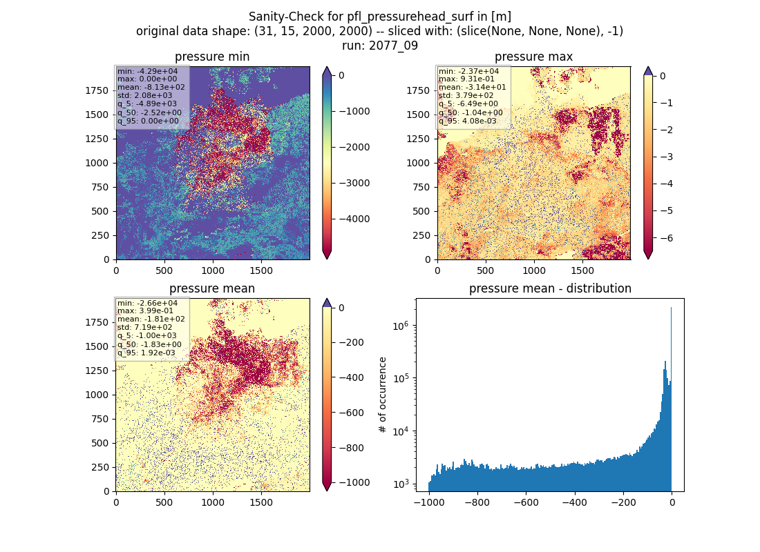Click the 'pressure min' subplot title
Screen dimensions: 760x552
(x=212, y=57)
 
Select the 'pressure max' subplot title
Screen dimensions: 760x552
(x=533, y=57)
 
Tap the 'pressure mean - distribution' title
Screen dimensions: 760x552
(x=550, y=288)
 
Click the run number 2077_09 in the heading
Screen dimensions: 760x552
(x=393, y=46)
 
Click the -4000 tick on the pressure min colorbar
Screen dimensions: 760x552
(x=354, y=219)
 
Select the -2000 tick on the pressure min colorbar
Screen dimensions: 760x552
(x=354, y=147)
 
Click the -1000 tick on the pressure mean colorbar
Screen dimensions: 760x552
(x=354, y=483)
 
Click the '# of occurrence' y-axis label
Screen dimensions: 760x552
(x=383, y=395)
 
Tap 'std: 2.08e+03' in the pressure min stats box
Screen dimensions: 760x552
(x=144, y=95)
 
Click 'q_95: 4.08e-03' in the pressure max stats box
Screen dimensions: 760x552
(x=468, y=121)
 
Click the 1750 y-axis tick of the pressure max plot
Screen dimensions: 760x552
(x=418, y=90)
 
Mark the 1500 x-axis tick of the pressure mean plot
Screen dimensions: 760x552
(x=261, y=502)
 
